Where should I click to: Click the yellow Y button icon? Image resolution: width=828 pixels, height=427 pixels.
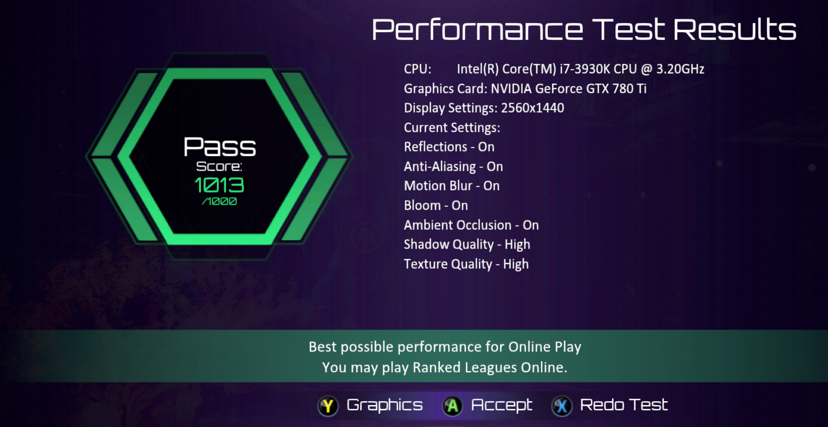tap(328, 406)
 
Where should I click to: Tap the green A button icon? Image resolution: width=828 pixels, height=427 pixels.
tap(452, 406)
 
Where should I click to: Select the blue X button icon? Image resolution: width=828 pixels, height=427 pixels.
tap(562, 406)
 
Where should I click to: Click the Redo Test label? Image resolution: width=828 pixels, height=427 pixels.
tap(624, 405)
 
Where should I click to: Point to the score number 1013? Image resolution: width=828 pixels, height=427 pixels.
tap(219, 185)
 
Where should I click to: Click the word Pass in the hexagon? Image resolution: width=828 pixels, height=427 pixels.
tap(220, 147)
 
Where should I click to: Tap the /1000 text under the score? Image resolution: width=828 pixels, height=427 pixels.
tap(219, 201)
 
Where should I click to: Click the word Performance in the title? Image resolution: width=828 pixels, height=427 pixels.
tap(477, 29)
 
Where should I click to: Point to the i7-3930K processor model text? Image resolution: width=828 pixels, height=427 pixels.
tap(585, 69)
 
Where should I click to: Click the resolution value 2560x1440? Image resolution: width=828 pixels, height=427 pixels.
tap(532, 108)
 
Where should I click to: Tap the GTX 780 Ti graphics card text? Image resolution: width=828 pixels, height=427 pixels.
tap(616, 89)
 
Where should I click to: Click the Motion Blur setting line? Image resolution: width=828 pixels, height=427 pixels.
tap(452, 186)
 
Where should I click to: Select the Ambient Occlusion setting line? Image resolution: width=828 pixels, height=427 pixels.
tap(471, 225)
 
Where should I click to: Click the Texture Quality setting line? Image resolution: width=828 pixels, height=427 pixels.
tap(466, 264)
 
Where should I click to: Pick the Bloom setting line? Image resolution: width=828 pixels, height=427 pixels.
tap(436, 205)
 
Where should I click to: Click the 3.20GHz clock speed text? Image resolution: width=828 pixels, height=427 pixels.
tap(680, 69)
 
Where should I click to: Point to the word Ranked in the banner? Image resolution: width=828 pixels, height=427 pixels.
tap(437, 367)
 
